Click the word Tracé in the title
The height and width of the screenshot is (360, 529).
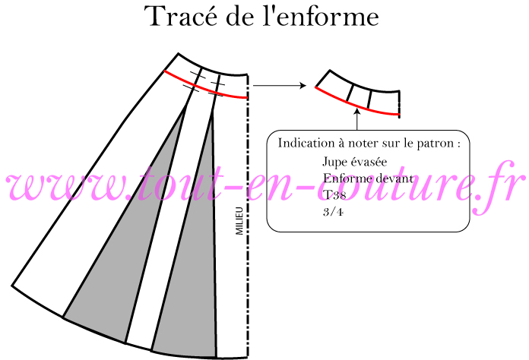181,16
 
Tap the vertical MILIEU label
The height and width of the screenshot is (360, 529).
239,221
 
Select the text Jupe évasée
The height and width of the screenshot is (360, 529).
355,162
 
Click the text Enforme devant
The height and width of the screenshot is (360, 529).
368,178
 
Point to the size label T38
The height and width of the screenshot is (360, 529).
334,195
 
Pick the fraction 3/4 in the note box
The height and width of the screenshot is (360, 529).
333,212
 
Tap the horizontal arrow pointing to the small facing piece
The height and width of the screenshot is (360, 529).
280,86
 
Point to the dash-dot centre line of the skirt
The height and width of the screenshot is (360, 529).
248,216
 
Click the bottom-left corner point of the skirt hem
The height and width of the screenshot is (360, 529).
12,286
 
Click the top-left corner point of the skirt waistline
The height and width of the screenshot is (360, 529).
178,53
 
